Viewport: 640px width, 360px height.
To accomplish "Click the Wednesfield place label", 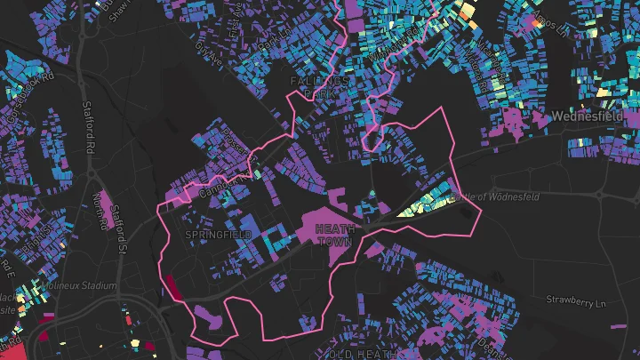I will point(590,116).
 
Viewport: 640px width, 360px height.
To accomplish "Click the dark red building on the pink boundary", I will point(172,287).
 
